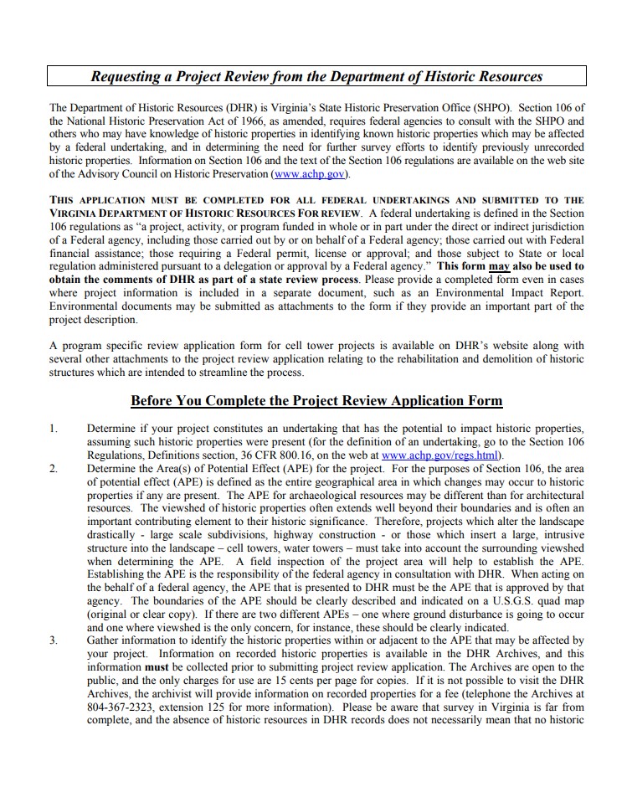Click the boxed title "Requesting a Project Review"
click(x=316, y=76)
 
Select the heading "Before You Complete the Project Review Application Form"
click(x=316, y=399)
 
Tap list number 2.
click(x=53, y=468)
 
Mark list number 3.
click(x=53, y=640)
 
